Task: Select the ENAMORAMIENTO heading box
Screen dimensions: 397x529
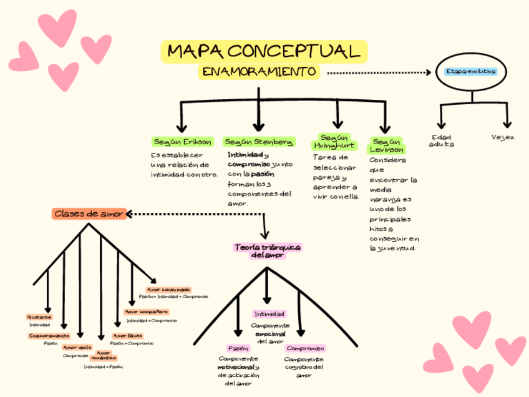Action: [x=259, y=72]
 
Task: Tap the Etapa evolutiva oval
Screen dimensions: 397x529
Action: [x=471, y=72]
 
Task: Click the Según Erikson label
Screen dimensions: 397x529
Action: [x=182, y=142]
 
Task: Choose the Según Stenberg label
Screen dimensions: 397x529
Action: [x=258, y=142]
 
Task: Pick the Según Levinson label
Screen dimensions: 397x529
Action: [x=387, y=145]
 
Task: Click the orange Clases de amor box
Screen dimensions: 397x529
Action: [x=89, y=214]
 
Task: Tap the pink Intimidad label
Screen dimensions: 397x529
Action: [x=269, y=313]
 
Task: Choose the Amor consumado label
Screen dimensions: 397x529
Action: [x=168, y=290]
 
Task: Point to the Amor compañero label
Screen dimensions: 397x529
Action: [x=147, y=311]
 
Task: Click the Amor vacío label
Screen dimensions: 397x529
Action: [x=77, y=347]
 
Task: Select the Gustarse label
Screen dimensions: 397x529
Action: [x=39, y=317]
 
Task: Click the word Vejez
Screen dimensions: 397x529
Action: [x=502, y=137]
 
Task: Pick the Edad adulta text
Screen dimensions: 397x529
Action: [x=442, y=140]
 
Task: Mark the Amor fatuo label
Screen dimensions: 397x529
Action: [x=127, y=336]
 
